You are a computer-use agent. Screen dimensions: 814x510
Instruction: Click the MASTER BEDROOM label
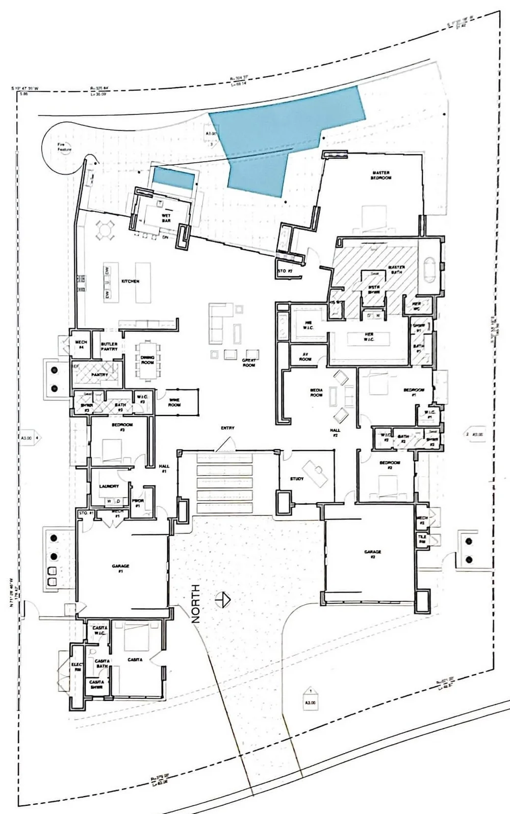[x=381, y=176]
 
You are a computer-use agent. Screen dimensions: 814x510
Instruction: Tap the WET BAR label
[x=166, y=218]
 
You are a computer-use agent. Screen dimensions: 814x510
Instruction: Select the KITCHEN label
[x=130, y=281]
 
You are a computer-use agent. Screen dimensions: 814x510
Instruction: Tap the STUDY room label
[x=297, y=479]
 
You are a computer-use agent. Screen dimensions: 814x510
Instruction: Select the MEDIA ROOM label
[x=317, y=392]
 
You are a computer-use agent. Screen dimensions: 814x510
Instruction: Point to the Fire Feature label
[x=64, y=147]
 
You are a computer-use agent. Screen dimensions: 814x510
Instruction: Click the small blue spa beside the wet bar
[x=174, y=178]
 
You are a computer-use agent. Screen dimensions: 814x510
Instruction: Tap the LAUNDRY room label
[x=109, y=486]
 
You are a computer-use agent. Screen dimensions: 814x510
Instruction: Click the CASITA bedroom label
[x=135, y=659]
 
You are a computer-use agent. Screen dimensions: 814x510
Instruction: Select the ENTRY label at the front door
[x=227, y=428]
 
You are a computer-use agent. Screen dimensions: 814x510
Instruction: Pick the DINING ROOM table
[x=148, y=360]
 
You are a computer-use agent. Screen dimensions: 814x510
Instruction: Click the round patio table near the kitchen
[x=105, y=230]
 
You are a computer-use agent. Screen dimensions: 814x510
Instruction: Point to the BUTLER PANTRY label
[x=109, y=346]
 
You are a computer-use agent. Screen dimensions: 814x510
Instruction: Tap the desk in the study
[x=315, y=472]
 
